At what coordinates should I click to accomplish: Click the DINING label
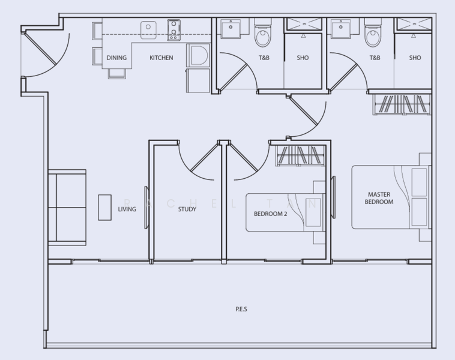(116, 58)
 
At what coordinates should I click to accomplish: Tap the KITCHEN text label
(161, 58)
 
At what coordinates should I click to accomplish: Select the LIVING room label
(127, 209)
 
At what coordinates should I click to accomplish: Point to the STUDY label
(187, 209)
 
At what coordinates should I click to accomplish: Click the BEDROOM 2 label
(270, 213)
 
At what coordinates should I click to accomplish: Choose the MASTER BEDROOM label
(379, 199)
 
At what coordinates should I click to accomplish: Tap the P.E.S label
(241, 310)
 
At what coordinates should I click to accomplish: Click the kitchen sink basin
(148, 28)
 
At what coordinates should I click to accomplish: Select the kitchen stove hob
(174, 29)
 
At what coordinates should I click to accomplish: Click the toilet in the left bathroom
(264, 37)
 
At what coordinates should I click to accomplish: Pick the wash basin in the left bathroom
(231, 29)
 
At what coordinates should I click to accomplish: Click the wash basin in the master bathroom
(341, 29)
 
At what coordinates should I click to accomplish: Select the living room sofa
(67, 207)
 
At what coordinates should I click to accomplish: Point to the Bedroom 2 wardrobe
(300, 156)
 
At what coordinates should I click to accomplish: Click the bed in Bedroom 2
(282, 212)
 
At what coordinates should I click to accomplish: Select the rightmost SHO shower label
(415, 58)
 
